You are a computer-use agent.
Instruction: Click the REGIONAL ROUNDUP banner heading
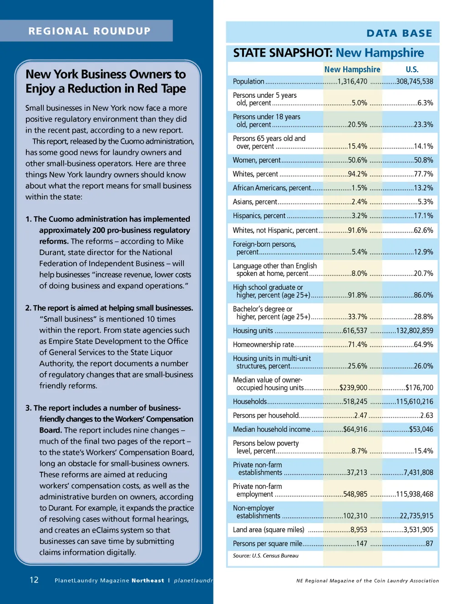(x=89, y=31)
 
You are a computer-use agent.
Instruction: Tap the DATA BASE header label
(x=399, y=33)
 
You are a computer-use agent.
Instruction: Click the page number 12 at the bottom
(x=34, y=579)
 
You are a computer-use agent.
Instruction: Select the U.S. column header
(x=412, y=70)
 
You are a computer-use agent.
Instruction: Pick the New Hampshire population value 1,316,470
(x=352, y=82)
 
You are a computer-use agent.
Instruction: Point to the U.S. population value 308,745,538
(x=415, y=82)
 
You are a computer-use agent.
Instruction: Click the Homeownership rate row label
(x=263, y=344)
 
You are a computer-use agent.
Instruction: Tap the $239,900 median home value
(x=353, y=388)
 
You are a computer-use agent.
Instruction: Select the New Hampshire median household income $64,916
(x=355, y=429)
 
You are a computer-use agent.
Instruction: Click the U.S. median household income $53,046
(x=421, y=429)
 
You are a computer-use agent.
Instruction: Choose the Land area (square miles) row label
(x=268, y=529)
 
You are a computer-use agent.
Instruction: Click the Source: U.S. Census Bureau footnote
(x=266, y=555)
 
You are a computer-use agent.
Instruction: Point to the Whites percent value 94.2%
(x=357, y=174)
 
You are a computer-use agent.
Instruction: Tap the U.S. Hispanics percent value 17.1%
(x=423, y=216)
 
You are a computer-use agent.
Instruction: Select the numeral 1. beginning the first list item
(x=29, y=219)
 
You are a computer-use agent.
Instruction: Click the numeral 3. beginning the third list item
(x=29, y=408)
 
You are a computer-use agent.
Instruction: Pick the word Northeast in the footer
(x=148, y=580)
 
